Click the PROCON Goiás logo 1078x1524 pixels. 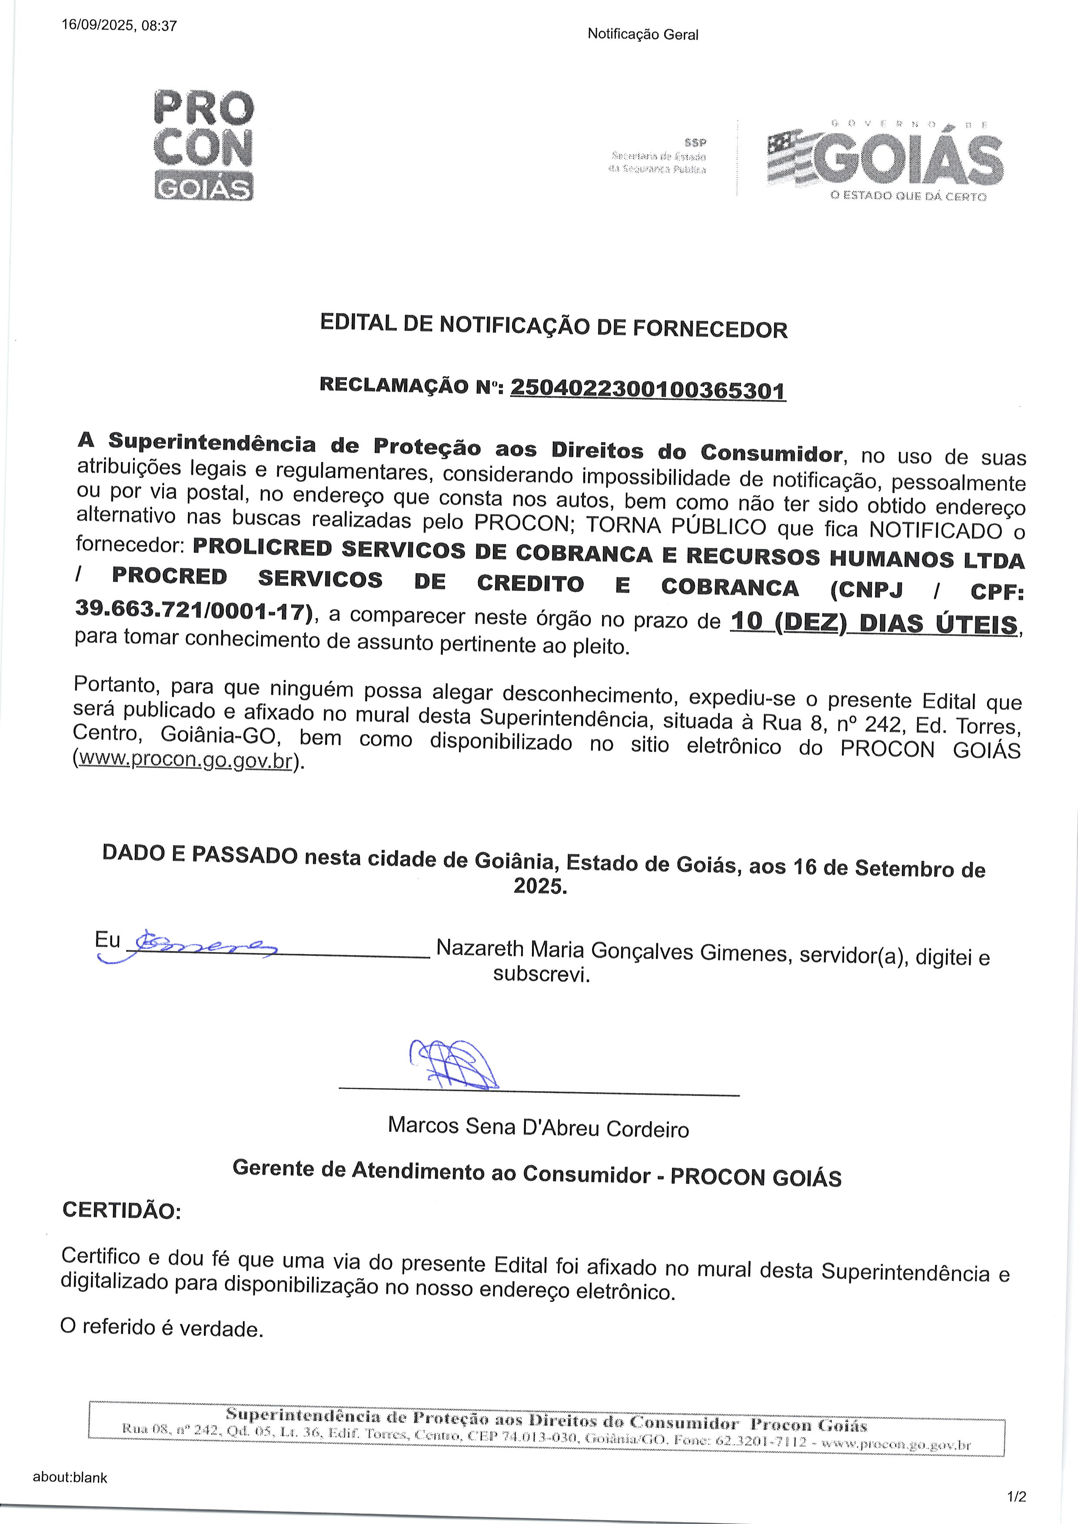click(203, 145)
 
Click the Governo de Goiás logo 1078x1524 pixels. click(885, 159)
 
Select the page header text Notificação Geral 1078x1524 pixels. click(642, 34)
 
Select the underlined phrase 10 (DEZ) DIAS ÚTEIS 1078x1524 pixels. click(874, 623)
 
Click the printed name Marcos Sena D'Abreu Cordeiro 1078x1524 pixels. click(538, 1127)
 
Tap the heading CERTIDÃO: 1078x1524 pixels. click(121, 1210)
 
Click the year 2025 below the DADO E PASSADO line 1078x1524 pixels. click(540, 886)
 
